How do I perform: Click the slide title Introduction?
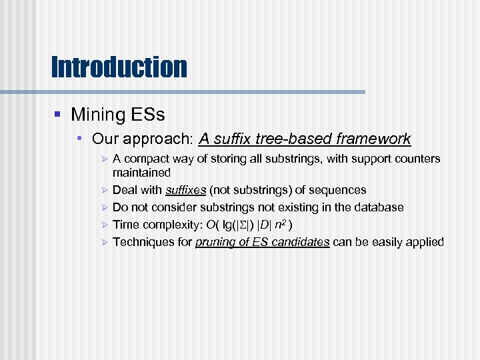tap(119, 67)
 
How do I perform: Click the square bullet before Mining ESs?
tap(57, 115)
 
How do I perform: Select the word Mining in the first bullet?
tap(98, 115)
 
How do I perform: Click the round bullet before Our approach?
tap(79, 139)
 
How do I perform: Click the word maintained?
tap(141, 173)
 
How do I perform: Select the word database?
tap(379, 207)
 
